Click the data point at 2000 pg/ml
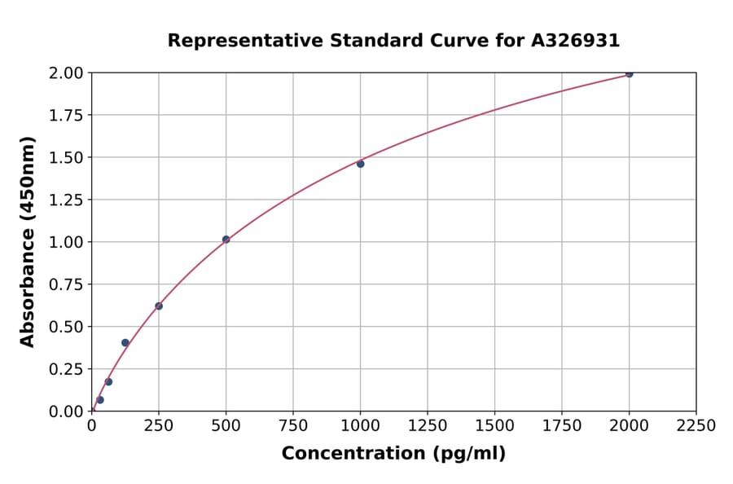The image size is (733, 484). (x=629, y=73)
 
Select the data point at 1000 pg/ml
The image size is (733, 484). (x=360, y=164)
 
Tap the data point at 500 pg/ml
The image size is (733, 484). (x=226, y=240)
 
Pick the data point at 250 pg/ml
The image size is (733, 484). (x=159, y=306)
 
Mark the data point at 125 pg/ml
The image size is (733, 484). (x=125, y=343)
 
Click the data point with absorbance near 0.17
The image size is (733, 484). (x=108, y=382)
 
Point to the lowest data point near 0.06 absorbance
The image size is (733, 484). (x=100, y=400)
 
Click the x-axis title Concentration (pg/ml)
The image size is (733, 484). (x=393, y=454)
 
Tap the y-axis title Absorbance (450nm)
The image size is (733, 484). (x=28, y=242)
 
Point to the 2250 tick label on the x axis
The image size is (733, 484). (x=696, y=426)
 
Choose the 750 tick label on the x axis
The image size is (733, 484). (x=293, y=426)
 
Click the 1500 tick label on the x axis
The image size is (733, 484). (x=494, y=426)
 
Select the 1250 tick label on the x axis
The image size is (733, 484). (x=427, y=426)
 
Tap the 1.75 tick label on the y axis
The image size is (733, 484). (x=65, y=116)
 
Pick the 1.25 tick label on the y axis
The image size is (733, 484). (x=65, y=200)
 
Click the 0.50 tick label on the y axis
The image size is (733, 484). (x=65, y=327)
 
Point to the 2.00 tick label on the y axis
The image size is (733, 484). (x=65, y=73)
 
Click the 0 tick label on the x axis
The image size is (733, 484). (x=92, y=426)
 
